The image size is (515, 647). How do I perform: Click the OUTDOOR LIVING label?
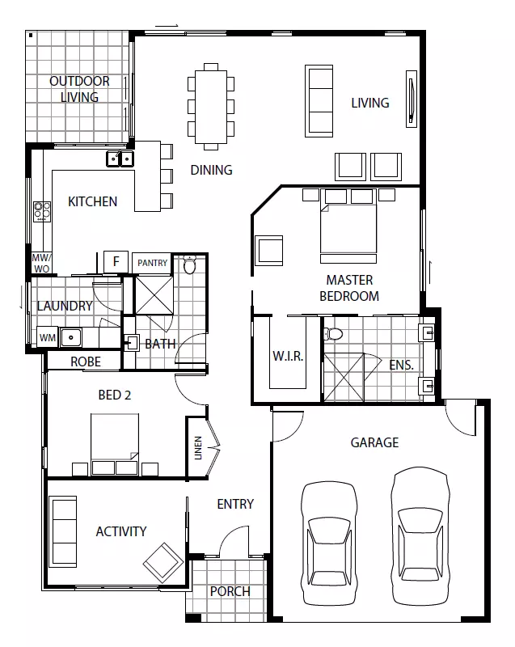point(79,89)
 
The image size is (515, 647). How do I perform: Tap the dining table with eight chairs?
point(211,106)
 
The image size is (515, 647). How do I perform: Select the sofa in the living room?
point(319,100)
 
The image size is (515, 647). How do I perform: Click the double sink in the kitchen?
point(120,159)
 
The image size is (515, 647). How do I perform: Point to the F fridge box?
point(116,261)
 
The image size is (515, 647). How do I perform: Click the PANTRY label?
point(152,263)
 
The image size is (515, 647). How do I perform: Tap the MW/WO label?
point(40,263)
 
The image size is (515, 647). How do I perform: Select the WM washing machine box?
point(47,336)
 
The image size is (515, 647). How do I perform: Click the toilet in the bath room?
point(190,264)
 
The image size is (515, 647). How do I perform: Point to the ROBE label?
point(85,362)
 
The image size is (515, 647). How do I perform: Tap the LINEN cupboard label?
point(198,448)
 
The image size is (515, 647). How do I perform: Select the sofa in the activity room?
point(63,531)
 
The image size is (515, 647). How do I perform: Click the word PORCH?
point(230,591)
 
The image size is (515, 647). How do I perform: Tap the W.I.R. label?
point(288,357)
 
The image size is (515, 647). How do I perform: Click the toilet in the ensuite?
point(333,332)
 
